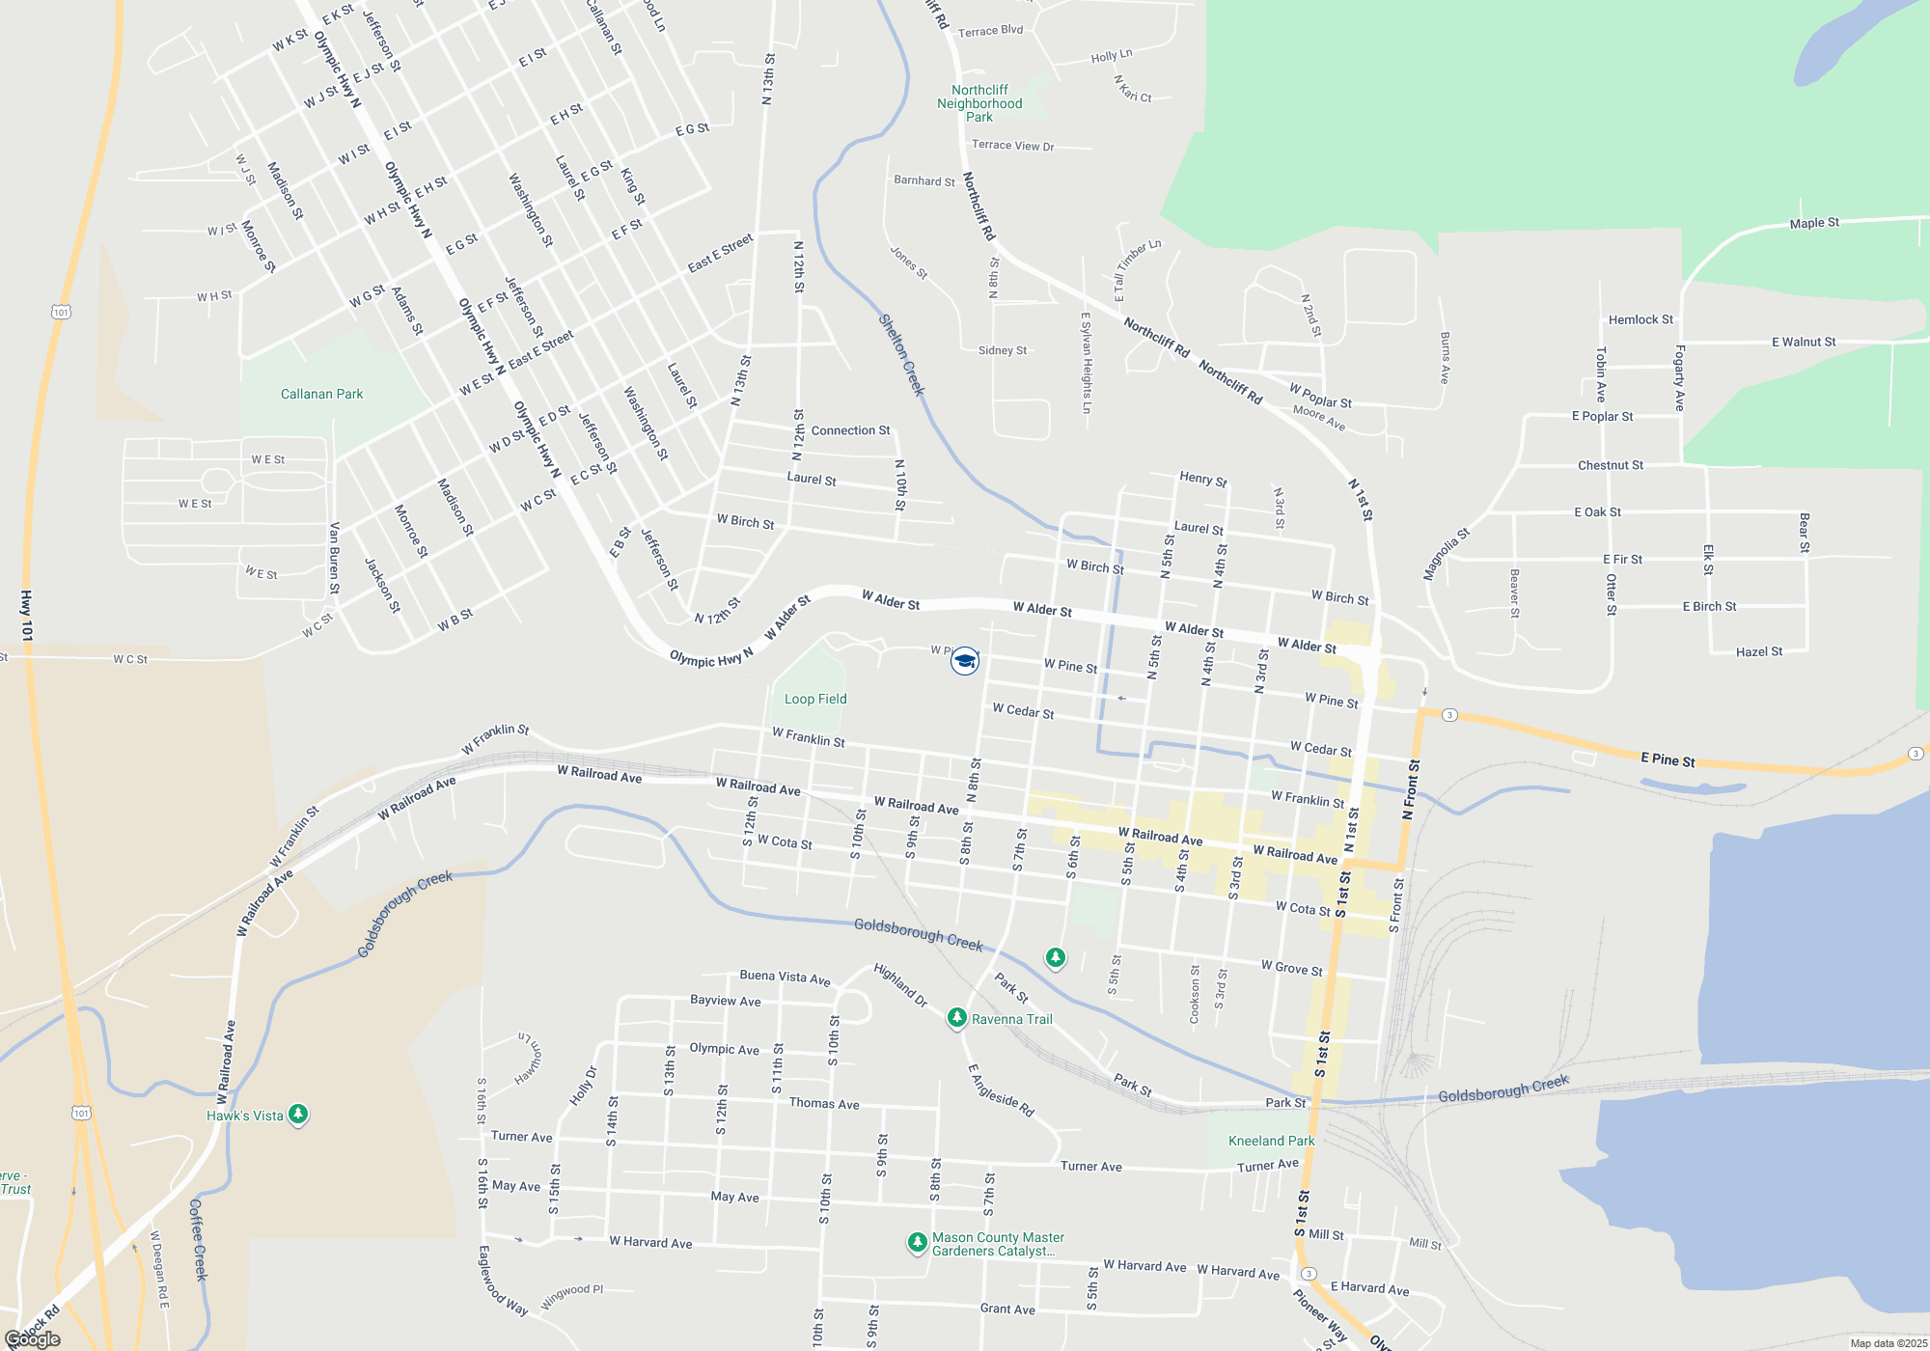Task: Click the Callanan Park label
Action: pyautogui.click(x=321, y=394)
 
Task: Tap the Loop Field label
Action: pyautogui.click(x=815, y=699)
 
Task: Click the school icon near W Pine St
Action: pyautogui.click(x=964, y=661)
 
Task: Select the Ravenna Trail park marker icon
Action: pyautogui.click(x=956, y=1018)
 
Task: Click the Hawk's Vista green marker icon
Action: pyautogui.click(x=298, y=1115)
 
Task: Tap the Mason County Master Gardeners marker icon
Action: pyautogui.click(x=917, y=1243)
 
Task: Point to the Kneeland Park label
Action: pyautogui.click(x=1271, y=1141)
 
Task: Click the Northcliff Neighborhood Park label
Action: pyautogui.click(x=979, y=103)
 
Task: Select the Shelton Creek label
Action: pyautogui.click(x=901, y=354)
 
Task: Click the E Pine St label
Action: pyautogui.click(x=1668, y=759)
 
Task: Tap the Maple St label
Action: pyautogui.click(x=1814, y=223)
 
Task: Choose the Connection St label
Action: pyautogui.click(x=850, y=430)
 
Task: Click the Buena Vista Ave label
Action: pyautogui.click(x=785, y=978)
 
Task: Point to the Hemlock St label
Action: pyautogui.click(x=1640, y=319)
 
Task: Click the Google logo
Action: pyautogui.click(x=33, y=1338)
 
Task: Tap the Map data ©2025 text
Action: pyautogui.click(x=1888, y=1343)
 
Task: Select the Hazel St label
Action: pyautogui.click(x=1759, y=651)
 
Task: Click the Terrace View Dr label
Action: pyautogui.click(x=1012, y=146)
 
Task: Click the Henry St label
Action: pyautogui.click(x=1202, y=479)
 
